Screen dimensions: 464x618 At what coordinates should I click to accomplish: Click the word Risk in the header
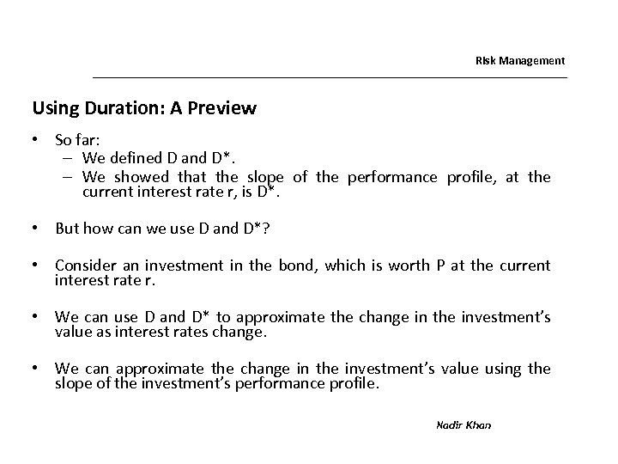click(485, 61)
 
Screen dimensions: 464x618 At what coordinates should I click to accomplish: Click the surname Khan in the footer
click(480, 425)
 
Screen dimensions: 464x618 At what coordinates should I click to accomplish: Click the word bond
click(297, 266)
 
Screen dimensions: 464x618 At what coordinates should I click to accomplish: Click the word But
click(68, 229)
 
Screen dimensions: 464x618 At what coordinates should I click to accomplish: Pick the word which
click(347, 266)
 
